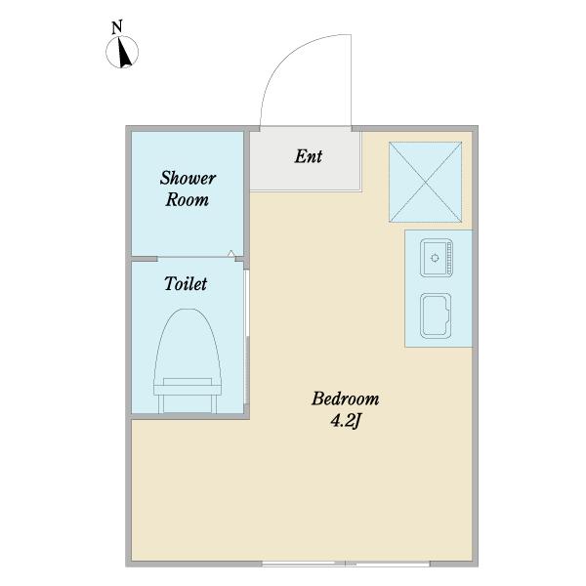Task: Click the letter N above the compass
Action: coord(117,27)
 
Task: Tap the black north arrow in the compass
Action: coord(125,53)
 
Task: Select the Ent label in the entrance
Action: coord(309,156)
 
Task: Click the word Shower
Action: coord(188,178)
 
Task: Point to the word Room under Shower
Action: coord(188,199)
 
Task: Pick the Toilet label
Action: coord(186,283)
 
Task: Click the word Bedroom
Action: coord(346,398)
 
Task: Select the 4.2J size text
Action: coord(346,421)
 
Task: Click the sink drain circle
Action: coord(435,258)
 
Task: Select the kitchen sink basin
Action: coord(437,258)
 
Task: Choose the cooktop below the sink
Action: coord(436,315)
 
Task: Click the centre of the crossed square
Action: coord(425,182)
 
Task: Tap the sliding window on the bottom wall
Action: coord(346,564)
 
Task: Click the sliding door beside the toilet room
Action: coord(246,337)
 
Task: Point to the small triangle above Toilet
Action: coord(231,253)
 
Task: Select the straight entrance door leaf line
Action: coord(351,80)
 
